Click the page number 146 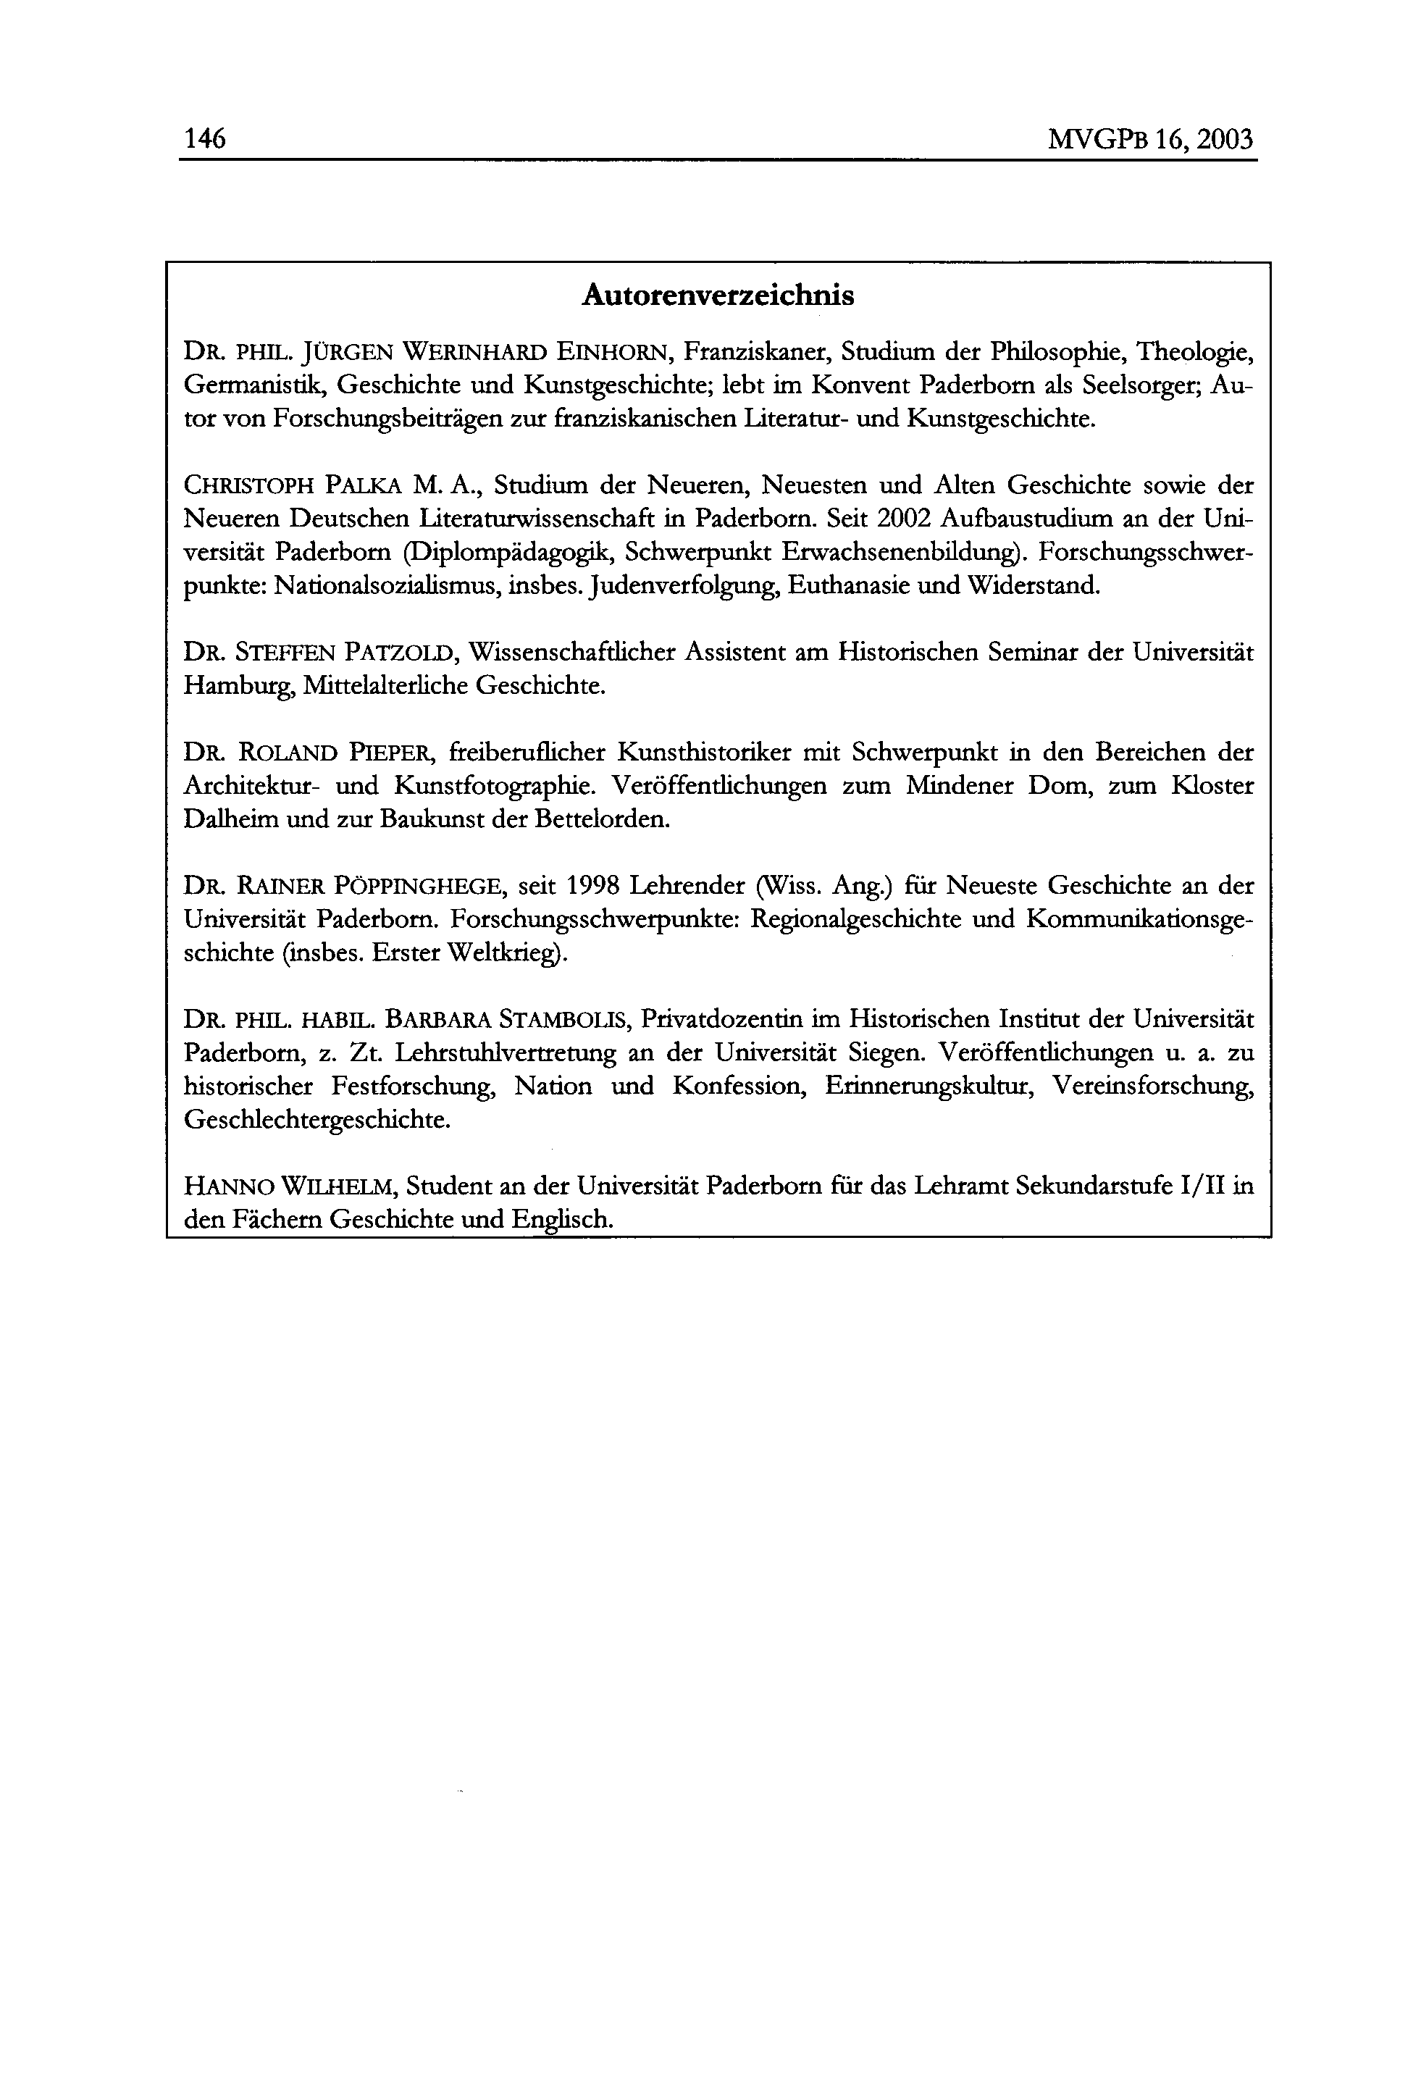click(204, 139)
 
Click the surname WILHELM click(337, 1187)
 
